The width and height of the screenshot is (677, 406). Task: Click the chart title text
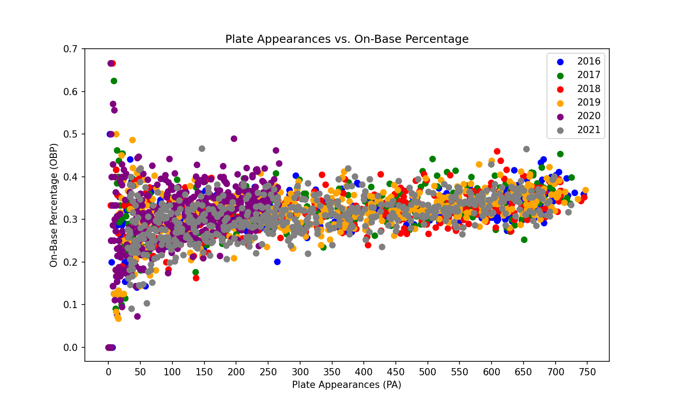[x=347, y=39]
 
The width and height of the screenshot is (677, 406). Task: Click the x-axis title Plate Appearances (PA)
[x=347, y=385]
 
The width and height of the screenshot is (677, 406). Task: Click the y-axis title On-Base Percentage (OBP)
[x=54, y=205]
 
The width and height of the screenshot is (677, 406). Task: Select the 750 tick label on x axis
[x=587, y=373]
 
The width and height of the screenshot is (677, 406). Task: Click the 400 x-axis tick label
[x=364, y=373]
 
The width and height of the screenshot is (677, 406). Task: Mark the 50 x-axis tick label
[x=140, y=373]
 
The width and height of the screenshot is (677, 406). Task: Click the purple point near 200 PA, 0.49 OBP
[x=234, y=138]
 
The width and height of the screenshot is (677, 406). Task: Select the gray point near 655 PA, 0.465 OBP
[x=526, y=149]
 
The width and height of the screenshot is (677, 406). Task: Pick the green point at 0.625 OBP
[x=114, y=81]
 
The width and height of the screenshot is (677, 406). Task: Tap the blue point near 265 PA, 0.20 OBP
[x=277, y=262]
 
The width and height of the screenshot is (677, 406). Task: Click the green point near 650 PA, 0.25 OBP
[x=524, y=240]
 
